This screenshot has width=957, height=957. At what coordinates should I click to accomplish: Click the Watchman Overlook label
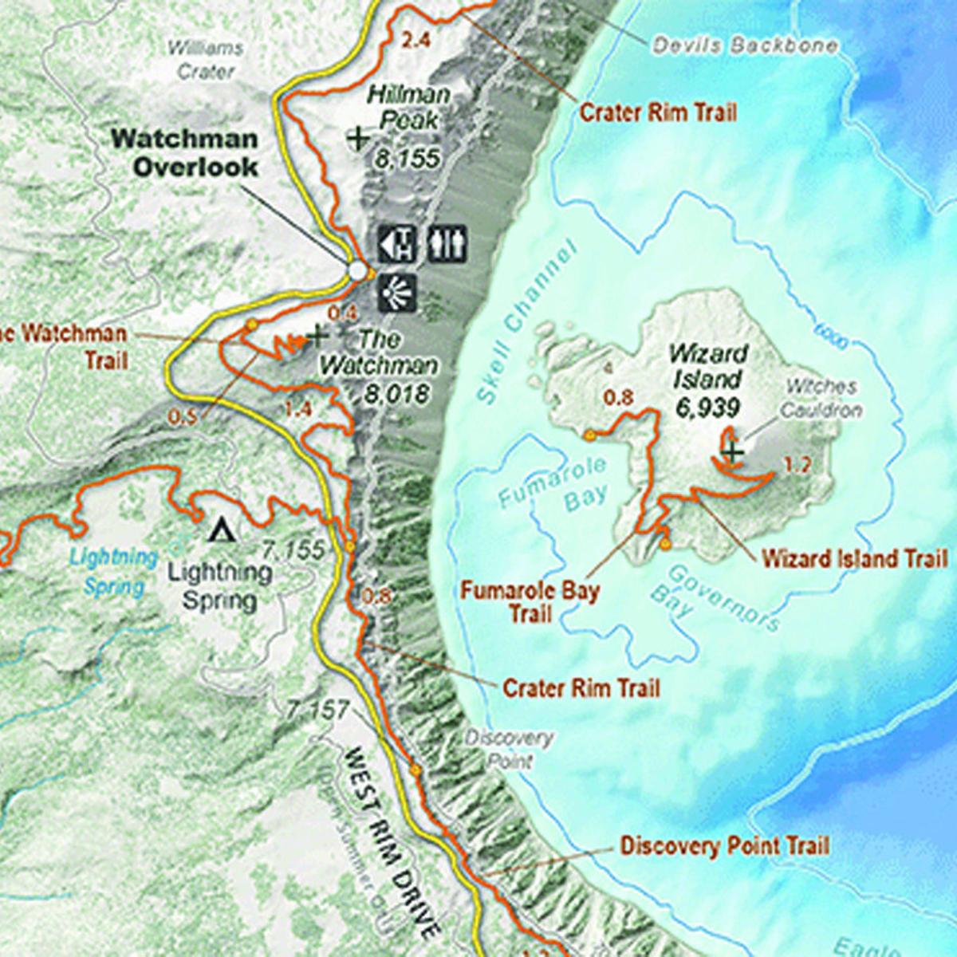point(184,152)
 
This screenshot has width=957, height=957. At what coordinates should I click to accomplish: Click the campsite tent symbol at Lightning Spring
point(220,529)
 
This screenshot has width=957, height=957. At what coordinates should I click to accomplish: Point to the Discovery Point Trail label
point(725,845)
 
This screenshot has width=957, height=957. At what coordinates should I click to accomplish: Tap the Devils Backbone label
point(745,45)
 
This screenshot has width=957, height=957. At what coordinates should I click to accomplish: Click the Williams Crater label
point(205,60)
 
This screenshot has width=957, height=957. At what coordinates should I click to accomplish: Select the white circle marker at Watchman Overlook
point(356,271)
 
